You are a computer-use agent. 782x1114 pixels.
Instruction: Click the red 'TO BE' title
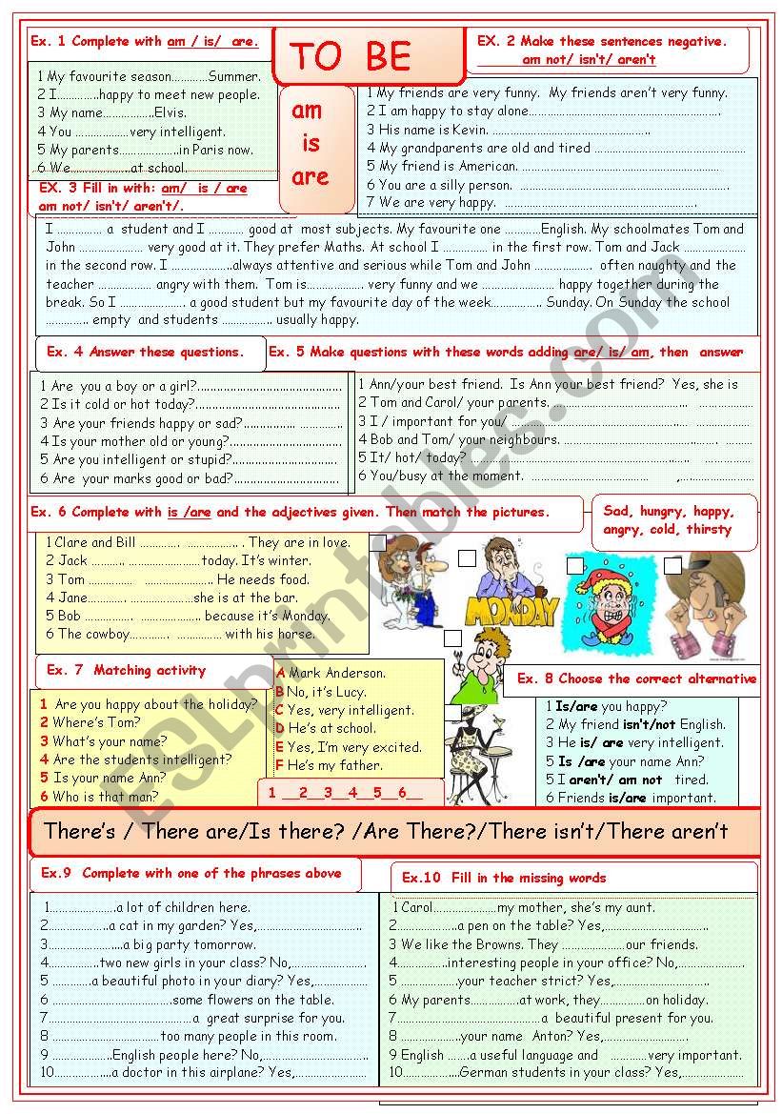(x=351, y=57)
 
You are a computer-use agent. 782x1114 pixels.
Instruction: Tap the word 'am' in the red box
(x=307, y=111)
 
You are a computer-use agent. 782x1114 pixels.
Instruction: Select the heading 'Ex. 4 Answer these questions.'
(x=145, y=352)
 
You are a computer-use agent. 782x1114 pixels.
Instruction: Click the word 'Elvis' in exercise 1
(x=170, y=112)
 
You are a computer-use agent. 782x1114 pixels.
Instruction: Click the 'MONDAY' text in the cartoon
(x=512, y=611)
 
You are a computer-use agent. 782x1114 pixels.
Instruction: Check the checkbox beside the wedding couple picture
(x=378, y=543)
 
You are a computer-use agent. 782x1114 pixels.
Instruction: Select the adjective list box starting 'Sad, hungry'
(x=674, y=520)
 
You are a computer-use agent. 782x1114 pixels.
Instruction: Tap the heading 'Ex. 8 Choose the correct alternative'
(x=636, y=679)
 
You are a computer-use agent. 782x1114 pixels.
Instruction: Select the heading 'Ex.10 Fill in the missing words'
(x=503, y=878)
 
